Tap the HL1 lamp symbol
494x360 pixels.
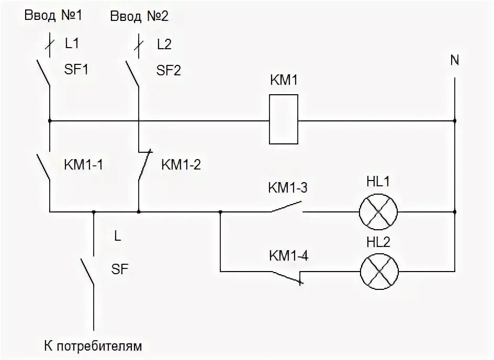pyautogui.click(x=378, y=212)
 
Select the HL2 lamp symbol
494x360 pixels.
pyautogui.click(x=379, y=272)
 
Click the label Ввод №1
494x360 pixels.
pyautogui.click(x=53, y=16)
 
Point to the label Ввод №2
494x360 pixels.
pyautogui.click(x=139, y=16)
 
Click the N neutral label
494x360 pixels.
pyautogui.click(x=454, y=60)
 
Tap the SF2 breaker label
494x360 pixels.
pyautogui.click(x=169, y=70)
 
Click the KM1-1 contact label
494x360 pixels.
pyautogui.click(x=83, y=165)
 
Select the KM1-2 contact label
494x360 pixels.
pyautogui.click(x=181, y=164)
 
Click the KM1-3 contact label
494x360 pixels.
pyautogui.click(x=287, y=187)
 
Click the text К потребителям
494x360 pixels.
pyautogui.click(x=93, y=346)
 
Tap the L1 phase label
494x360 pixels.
pyautogui.click(x=72, y=46)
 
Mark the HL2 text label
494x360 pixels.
pyautogui.click(x=379, y=242)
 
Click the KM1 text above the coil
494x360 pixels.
pyautogui.click(x=283, y=81)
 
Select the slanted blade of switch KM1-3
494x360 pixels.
pyautogui.click(x=286, y=207)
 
